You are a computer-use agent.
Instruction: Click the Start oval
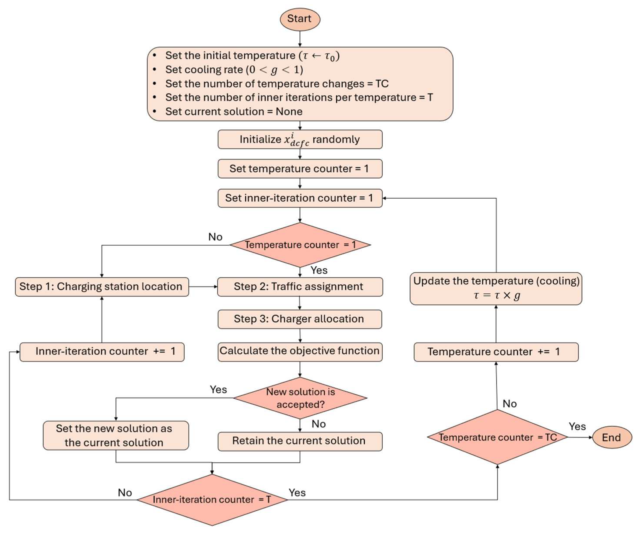[300, 19]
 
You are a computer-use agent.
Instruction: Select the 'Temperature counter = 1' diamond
[300, 245]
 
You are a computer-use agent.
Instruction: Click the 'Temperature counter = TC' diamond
[497, 438]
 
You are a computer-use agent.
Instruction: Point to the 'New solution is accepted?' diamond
[300, 398]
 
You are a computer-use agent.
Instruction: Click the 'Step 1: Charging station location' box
[102, 287]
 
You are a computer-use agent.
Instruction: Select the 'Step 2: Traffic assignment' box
[300, 287]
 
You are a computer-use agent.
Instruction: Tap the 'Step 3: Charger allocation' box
[300, 319]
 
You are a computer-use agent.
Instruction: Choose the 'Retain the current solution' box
[300, 441]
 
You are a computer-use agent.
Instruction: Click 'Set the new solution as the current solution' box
[116, 435]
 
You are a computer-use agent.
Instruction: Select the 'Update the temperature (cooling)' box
[496, 288]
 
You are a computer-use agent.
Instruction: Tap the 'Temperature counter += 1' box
[496, 352]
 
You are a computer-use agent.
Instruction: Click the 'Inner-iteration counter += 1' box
[102, 352]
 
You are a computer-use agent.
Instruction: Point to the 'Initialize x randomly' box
[300, 139]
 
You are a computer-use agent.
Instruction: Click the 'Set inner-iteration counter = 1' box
[300, 198]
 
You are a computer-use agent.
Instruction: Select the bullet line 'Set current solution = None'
[234, 112]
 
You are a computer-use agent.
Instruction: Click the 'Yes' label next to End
[577, 426]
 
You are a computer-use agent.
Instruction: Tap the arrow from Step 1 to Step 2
[203, 287]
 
